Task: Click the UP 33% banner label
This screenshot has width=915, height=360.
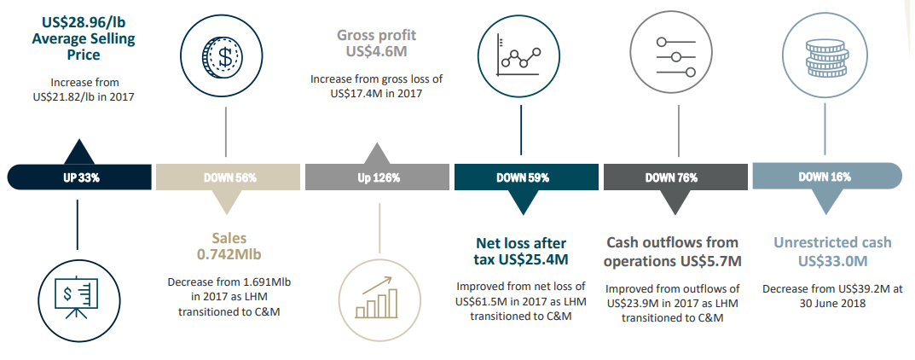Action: coord(81,178)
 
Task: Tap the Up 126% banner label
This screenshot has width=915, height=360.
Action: coord(379,178)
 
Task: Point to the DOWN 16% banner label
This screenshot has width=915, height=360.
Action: coord(825,177)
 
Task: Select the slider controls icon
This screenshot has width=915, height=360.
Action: coord(676,57)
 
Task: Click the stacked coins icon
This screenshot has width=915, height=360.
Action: coord(825,56)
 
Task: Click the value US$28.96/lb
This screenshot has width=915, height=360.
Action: coord(84,23)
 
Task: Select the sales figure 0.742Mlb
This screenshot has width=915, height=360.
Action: coord(229,254)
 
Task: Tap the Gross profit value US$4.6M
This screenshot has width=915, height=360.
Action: coord(377,51)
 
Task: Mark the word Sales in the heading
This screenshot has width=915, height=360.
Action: coord(229,238)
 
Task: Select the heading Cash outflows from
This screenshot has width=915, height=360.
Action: coord(672,242)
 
